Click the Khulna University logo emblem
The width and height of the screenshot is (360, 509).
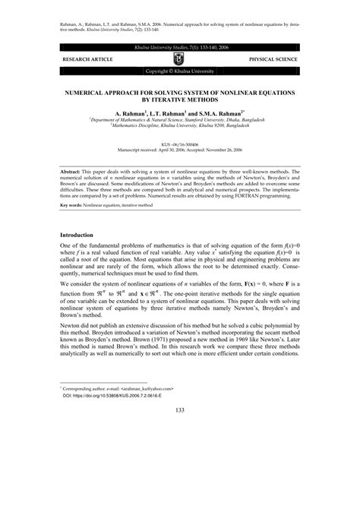[x=179, y=58]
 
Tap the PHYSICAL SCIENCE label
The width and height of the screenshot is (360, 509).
[x=276, y=58]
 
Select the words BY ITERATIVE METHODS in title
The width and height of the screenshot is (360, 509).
[x=180, y=99]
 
